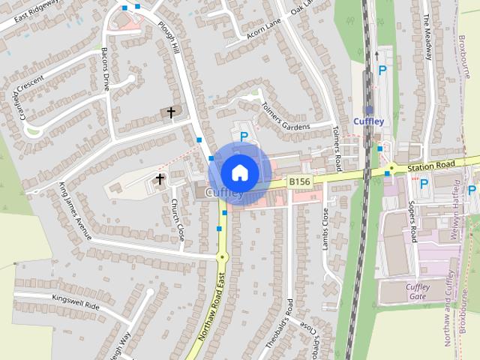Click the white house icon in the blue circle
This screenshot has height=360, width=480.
239,172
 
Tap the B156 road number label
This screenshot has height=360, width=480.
299,181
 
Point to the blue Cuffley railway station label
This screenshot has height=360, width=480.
368,121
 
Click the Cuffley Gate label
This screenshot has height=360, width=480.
417,292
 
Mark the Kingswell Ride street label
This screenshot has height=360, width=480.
76,306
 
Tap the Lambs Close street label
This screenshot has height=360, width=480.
325,228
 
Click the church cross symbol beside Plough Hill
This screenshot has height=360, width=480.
171,113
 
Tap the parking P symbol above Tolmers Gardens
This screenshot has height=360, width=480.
244,136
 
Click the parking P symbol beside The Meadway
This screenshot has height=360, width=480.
382,70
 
